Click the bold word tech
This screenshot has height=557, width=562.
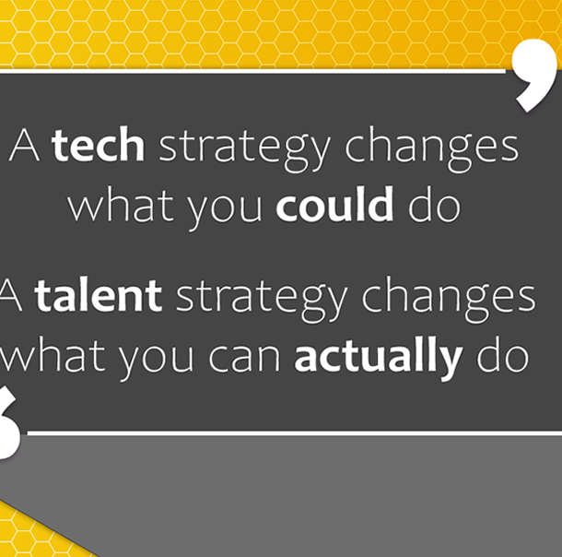coord(99,144)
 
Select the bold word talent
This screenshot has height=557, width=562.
coord(99,295)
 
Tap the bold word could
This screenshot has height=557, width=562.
coord(334,203)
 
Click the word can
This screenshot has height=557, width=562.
coord(244,360)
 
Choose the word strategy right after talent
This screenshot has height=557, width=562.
coord(262,301)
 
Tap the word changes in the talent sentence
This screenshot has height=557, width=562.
coord(449,301)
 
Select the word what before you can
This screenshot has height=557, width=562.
coord(52,354)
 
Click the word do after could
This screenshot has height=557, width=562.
coord(435,204)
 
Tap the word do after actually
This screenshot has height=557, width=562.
coord(502,354)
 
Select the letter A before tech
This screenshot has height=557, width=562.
coord(24,145)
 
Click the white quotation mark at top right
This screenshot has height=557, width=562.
coord(534,76)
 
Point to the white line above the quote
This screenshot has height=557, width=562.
coord(252,72)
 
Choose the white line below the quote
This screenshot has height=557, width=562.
coord(295,434)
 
